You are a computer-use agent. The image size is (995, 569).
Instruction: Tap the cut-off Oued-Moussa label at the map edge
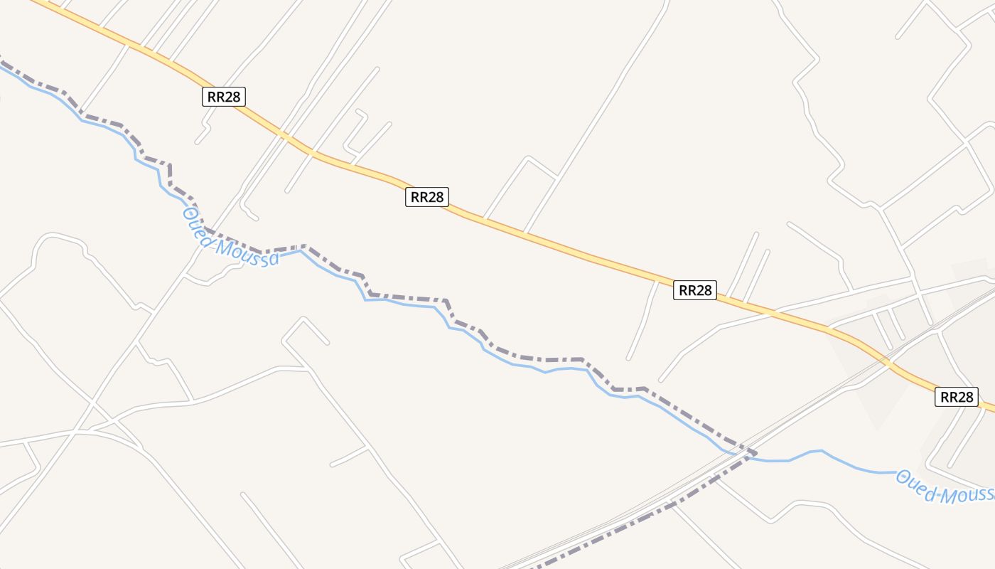[945, 486]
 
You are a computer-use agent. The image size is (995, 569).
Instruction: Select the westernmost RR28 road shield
[224, 97]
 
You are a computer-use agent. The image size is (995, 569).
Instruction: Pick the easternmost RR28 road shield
[956, 397]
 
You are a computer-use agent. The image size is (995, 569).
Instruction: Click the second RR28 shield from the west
[427, 197]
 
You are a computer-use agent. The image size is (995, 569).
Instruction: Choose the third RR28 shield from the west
[695, 289]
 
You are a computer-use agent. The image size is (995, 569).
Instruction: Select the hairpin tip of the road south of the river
[303, 319]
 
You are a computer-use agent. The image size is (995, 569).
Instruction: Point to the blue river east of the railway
[839, 459]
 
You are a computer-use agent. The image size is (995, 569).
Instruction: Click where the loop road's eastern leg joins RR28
[525, 232]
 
